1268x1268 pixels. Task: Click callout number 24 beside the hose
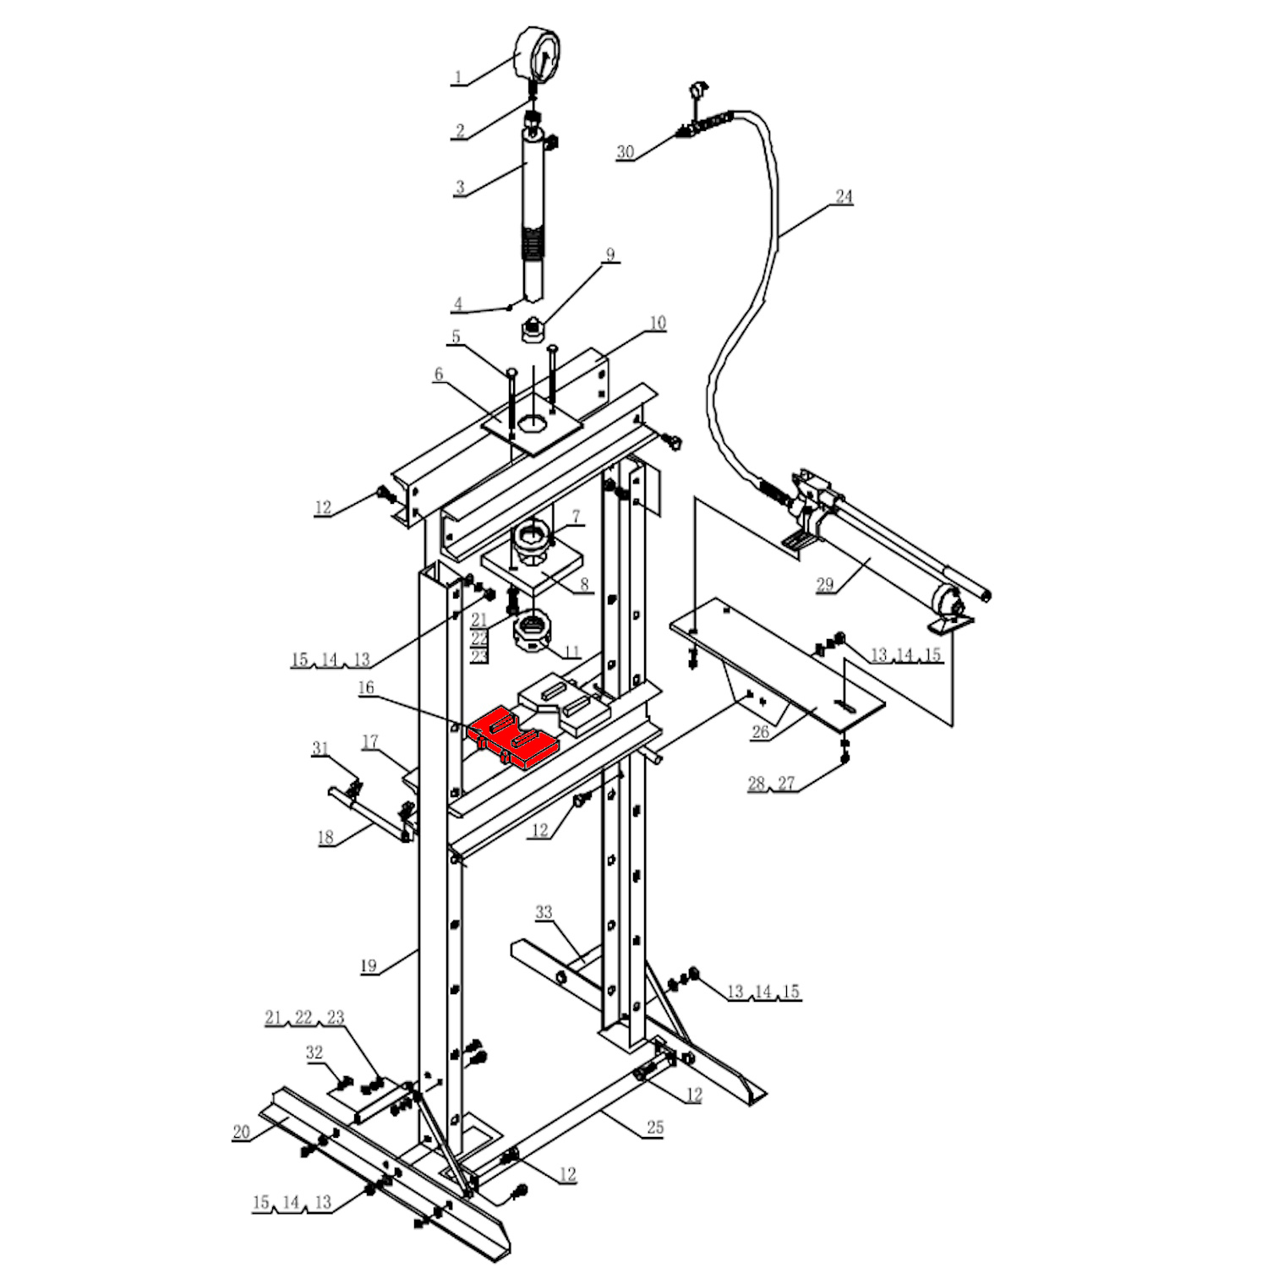pos(844,197)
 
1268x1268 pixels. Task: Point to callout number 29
pos(824,584)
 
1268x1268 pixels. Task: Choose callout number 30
pos(625,152)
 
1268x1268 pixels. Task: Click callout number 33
pos(544,913)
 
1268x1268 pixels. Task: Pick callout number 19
pos(369,965)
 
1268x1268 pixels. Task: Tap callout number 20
pos(242,1133)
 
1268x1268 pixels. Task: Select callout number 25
pos(655,1128)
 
